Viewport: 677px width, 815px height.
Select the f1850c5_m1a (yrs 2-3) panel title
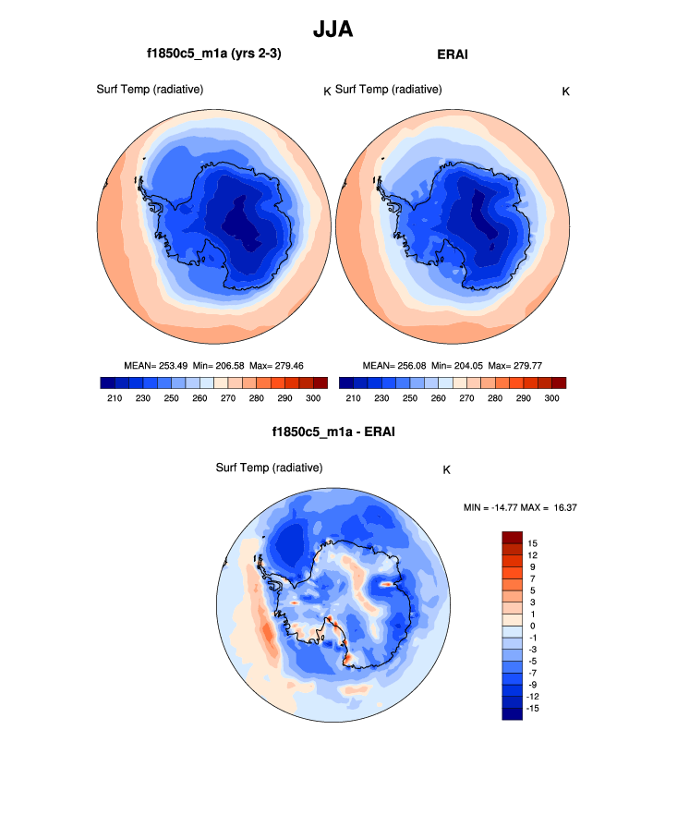click(x=214, y=55)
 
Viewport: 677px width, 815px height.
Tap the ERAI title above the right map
click(x=452, y=55)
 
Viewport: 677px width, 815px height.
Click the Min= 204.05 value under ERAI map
click(x=456, y=365)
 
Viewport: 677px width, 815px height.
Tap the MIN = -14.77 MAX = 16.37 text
click(x=520, y=507)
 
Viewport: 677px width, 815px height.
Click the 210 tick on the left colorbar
click(x=115, y=397)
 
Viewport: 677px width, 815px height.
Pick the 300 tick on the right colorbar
click(x=551, y=397)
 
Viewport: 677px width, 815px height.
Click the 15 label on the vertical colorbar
click(x=533, y=542)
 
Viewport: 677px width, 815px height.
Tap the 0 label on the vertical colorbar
click(x=533, y=626)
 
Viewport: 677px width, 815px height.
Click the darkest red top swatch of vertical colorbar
click(x=513, y=537)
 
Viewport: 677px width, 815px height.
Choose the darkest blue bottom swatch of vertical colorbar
click(x=513, y=712)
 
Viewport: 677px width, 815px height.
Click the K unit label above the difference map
click(x=446, y=469)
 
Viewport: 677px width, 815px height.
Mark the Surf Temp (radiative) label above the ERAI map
click(x=388, y=89)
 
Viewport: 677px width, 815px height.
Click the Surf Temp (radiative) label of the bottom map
click(x=269, y=468)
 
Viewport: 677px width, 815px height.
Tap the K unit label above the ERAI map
click(x=565, y=91)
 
